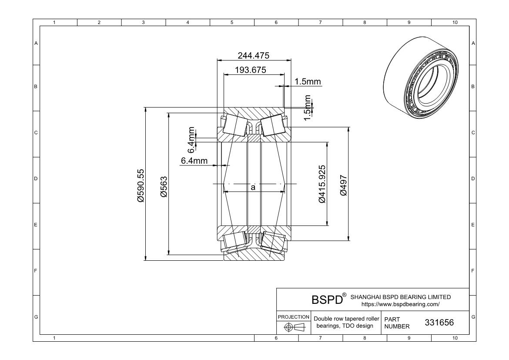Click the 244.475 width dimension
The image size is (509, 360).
(254, 56)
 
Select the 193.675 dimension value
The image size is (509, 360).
(251, 70)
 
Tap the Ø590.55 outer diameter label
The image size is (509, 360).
(141, 185)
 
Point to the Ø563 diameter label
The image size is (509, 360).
(164, 187)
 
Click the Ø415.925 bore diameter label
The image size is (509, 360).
(321, 184)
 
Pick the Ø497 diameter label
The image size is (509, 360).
(343, 185)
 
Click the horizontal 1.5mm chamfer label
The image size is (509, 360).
(308, 81)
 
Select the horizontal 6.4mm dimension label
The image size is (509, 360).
(194, 161)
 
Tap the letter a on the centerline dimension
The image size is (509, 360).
(253, 187)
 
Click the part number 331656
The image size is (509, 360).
(439, 322)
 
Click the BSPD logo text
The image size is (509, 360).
(327, 299)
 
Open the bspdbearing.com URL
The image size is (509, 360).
(401, 304)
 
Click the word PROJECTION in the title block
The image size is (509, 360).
(294, 317)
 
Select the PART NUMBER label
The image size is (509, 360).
(397, 323)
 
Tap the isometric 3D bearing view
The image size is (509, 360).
(422, 77)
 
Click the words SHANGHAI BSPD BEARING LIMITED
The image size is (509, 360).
(401, 297)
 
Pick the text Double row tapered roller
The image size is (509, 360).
(346, 319)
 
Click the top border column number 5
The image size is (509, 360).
(232, 23)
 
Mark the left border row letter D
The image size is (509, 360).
(36, 178)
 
